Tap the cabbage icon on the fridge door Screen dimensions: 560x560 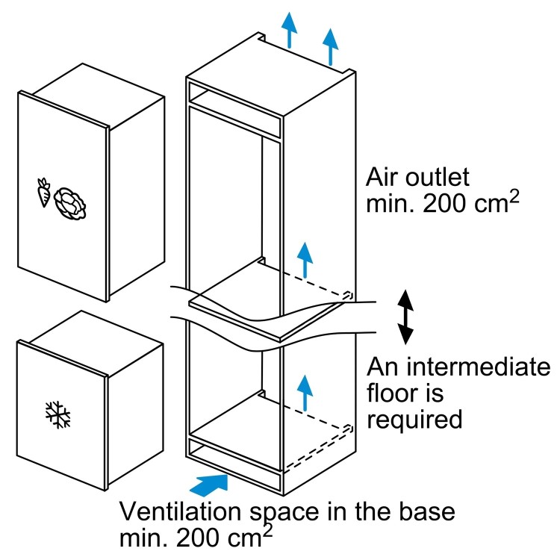tap(69, 199)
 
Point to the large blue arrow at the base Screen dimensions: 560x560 tap(208, 482)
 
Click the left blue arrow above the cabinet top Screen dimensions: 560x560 tap(289, 31)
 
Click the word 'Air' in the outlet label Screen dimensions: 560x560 tap(382, 178)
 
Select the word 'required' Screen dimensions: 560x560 tap(414, 418)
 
